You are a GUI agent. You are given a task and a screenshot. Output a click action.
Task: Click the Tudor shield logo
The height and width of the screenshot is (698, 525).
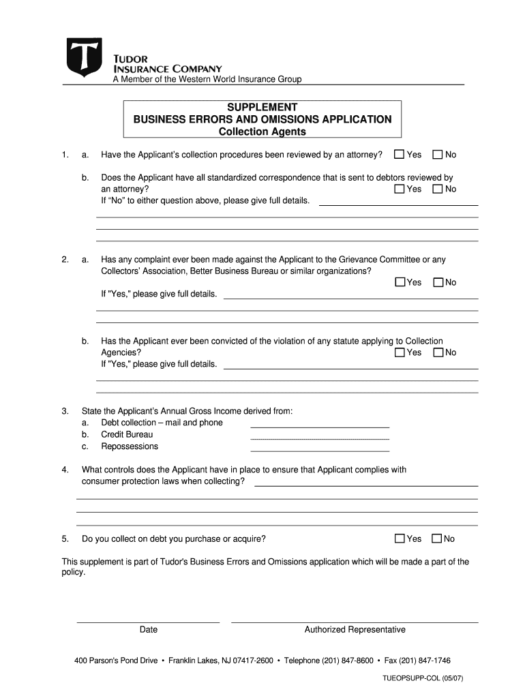[84, 57]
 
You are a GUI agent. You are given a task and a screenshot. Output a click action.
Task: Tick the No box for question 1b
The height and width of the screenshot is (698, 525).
[438, 189]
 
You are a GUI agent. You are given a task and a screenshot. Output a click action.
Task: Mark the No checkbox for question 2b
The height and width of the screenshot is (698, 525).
[438, 352]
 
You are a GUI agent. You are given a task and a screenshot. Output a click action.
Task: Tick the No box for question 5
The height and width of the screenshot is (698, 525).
[437, 538]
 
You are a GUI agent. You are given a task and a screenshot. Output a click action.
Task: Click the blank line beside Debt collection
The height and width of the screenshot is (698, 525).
[320, 426]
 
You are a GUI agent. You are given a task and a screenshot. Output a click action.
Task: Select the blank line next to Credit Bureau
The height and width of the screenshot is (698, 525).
[320, 438]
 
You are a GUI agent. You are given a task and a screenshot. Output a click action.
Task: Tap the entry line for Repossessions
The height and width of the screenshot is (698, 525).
[320, 450]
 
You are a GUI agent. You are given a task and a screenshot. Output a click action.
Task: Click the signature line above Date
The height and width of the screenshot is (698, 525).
[148, 621]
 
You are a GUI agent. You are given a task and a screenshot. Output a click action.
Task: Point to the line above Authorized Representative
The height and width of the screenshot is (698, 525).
[355, 621]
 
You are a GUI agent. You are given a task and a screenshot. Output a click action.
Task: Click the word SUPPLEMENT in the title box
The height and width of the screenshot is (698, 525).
[262, 107]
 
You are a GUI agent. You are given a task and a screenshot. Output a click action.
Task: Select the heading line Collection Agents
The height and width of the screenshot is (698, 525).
[262, 132]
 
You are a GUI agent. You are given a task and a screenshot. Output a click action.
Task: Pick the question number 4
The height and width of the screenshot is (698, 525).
[65, 470]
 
